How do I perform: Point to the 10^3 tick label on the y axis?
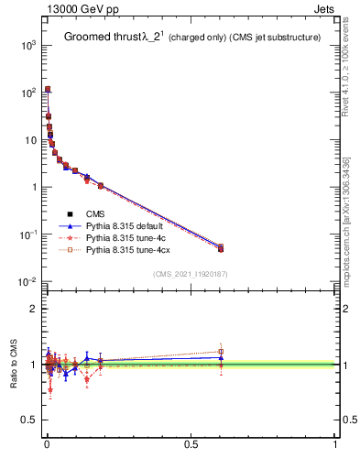[28, 45]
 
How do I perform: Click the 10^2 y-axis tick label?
[28, 93]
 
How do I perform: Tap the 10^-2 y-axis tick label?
[27, 282]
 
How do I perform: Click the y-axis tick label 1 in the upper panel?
[33, 187]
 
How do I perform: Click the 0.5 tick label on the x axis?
[191, 448]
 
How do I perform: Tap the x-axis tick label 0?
[47, 448]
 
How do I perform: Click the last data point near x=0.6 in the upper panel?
[220, 247]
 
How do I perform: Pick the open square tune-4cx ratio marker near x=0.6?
[220, 352]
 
